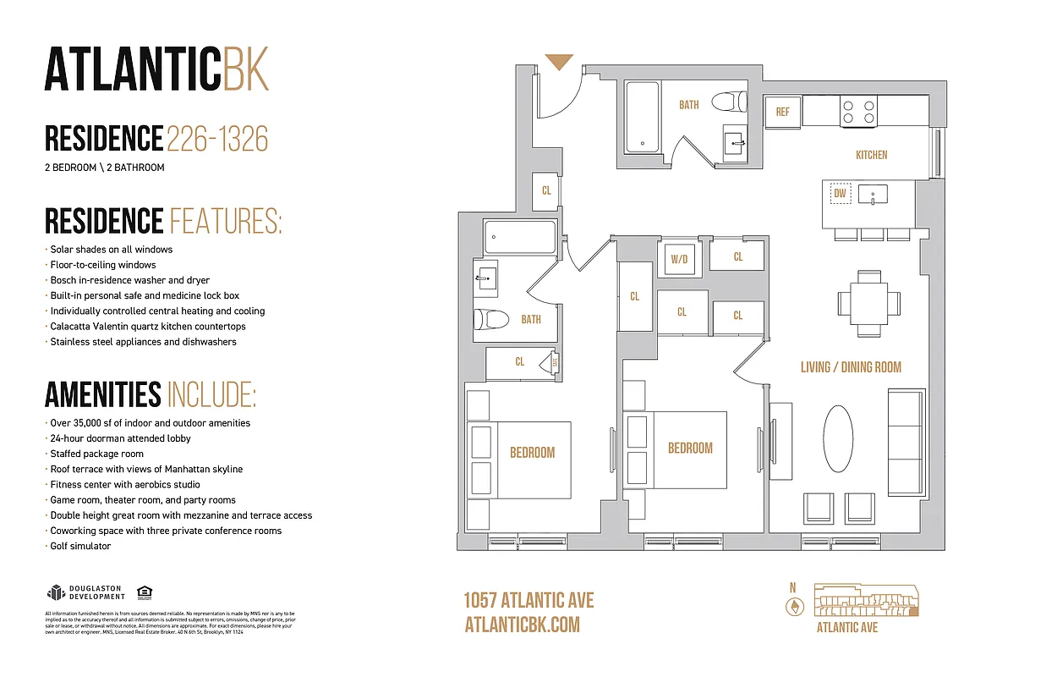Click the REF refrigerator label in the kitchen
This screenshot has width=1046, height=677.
pos(782,113)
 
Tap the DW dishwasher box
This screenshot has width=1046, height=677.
pos(840,194)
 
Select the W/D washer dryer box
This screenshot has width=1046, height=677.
pos(679,259)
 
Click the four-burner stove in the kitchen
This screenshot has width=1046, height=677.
pos(858,112)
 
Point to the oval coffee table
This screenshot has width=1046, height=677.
pos(838,438)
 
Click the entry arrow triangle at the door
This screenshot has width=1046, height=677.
pos(559,62)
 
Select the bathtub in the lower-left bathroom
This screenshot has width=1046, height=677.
pos(519,237)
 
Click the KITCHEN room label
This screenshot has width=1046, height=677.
pos(871,155)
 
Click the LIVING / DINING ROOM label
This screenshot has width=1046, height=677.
pos(851,367)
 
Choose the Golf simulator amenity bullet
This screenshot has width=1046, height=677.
pos(79,546)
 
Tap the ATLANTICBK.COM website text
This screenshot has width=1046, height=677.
pos(523,625)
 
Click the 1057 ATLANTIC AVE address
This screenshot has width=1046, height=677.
pos(528,601)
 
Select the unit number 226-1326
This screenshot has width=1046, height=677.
pos(217,138)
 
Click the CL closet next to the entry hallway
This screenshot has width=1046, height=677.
pos(546,190)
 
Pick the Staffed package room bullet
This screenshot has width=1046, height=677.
pos(96,454)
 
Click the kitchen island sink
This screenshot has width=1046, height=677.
pos(872,195)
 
